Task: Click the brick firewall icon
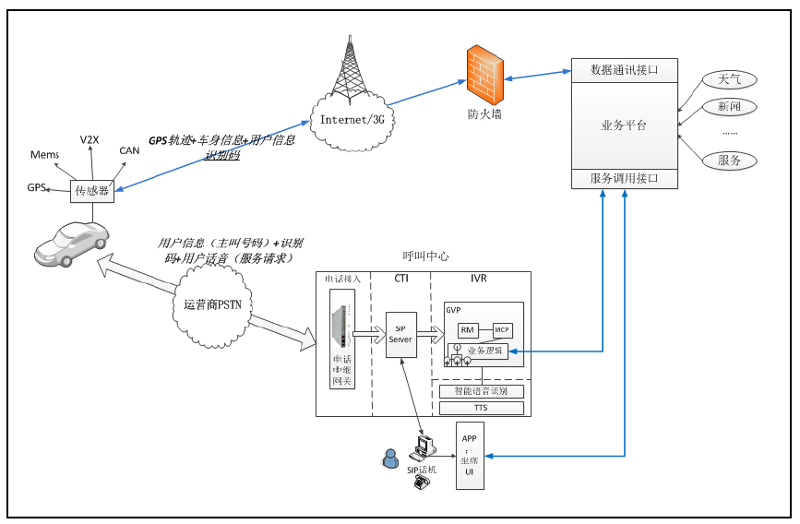tap(484, 76)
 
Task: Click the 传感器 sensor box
tap(91, 191)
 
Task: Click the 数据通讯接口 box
tap(625, 70)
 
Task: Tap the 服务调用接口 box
tap(625, 178)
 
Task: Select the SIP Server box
tap(400, 334)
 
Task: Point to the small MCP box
tap(502, 329)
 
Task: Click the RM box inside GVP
tap(467, 329)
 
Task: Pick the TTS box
tap(480, 408)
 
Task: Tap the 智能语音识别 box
tap(480, 391)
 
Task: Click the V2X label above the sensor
tap(89, 139)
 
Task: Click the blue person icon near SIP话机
tap(391, 457)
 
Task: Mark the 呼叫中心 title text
tap(425, 256)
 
